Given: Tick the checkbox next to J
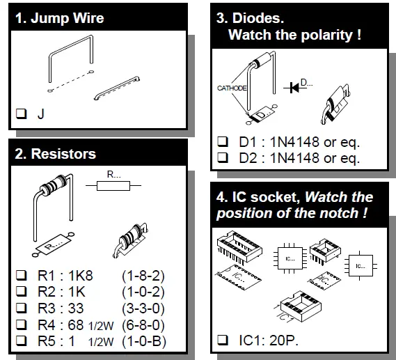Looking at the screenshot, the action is (x=21, y=114).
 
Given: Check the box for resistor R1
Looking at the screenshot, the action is (x=21, y=275).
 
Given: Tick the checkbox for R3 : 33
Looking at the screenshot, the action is (x=21, y=308).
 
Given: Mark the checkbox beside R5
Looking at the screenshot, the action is (x=21, y=341).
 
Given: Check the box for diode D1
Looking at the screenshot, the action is (x=223, y=142).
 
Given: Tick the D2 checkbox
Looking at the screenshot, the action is (x=223, y=158).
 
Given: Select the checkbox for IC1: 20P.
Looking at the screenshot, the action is (x=223, y=340).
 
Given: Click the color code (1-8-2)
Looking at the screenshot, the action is (x=143, y=276).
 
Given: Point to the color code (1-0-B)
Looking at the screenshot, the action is (x=144, y=341).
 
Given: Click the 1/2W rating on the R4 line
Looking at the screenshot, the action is (x=101, y=326).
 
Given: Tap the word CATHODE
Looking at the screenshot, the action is (x=232, y=88).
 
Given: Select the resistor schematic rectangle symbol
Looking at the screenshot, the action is (x=113, y=186).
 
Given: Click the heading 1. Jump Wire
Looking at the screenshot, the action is (x=60, y=18).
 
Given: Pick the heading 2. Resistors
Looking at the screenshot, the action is (x=56, y=154).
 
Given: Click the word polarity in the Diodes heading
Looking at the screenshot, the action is (x=327, y=35).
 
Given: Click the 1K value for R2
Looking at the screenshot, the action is (x=77, y=292).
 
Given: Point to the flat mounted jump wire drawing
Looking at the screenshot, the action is (x=117, y=88).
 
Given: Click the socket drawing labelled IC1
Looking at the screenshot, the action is (x=301, y=306).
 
